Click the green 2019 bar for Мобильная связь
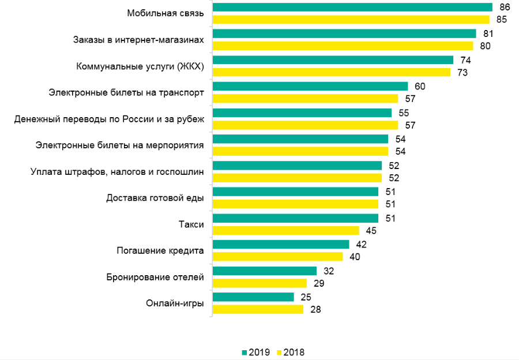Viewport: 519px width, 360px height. [x=352, y=7]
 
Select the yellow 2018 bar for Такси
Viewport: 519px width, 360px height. [x=286, y=231]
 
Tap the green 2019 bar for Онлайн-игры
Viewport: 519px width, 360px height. [x=253, y=297]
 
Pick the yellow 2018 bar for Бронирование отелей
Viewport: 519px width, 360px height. [x=259, y=283]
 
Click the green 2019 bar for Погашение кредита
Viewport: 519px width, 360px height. [x=281, y=244]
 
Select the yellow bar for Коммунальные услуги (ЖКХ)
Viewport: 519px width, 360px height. [x=332, y=73]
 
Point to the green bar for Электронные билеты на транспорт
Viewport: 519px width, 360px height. [x=310, y=86]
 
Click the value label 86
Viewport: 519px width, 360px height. [x=505, y=7]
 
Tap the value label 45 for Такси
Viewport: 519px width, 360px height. [x=371, y=231]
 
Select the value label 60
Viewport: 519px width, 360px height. [x=420, y=86]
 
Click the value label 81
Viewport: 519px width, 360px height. [x=488, y=33]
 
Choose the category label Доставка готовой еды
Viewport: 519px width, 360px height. [x=155, y=198]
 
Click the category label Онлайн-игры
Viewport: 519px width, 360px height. [x=175, y=303]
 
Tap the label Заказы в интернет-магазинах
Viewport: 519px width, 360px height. [x=138, y=40]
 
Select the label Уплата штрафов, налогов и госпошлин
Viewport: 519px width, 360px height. [x=116, y=171]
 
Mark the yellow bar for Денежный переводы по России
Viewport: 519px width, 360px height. [x=306, y=125]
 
